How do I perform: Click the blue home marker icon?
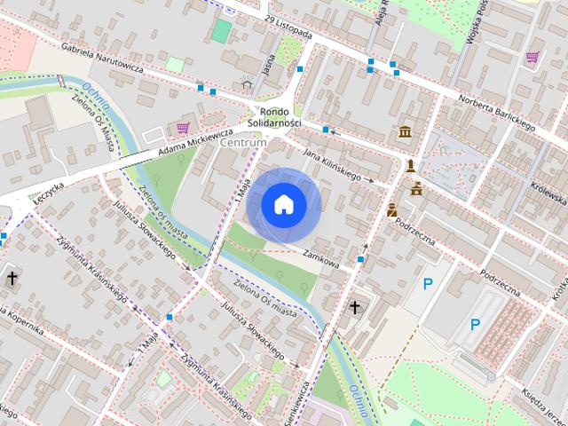point(283,205)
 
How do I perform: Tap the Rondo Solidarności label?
point(275,116)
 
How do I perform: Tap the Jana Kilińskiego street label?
point(333,165)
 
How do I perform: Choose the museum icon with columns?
point(406,132)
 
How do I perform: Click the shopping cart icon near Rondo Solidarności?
point(182,128)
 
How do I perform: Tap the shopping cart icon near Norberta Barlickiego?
point(532,58)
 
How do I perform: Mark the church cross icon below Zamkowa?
point(356,308)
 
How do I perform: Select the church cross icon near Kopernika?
point(12,278)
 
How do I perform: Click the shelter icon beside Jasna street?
point(247,83)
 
